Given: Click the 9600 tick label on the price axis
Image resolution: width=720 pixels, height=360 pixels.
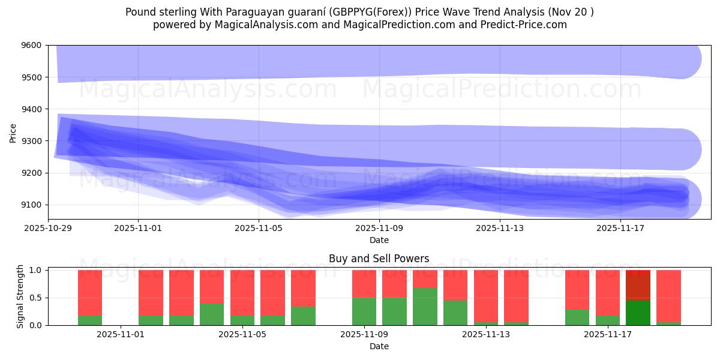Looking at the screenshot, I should coord(31,46).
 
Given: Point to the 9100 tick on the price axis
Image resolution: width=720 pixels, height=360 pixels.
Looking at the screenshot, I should coord(31,205).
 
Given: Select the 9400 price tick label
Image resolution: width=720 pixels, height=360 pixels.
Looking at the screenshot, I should coord(31,109).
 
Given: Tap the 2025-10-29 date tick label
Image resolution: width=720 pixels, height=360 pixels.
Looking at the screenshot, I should coord(48,228).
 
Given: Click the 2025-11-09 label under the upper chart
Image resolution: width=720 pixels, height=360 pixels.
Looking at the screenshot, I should coord(379,228).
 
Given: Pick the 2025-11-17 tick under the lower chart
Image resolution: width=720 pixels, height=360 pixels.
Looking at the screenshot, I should coord(608,334).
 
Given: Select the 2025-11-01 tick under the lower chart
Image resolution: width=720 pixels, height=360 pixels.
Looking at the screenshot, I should coord(121,334).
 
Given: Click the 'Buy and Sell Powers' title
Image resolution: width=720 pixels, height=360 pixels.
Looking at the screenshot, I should coord(379,259).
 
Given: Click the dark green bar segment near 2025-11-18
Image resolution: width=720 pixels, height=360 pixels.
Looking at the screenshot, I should coord(638,313).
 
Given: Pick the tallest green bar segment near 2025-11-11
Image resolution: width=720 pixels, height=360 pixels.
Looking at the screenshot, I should coord(425,307).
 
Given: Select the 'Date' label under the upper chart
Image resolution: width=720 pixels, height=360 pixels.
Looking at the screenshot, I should coord(379,240).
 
